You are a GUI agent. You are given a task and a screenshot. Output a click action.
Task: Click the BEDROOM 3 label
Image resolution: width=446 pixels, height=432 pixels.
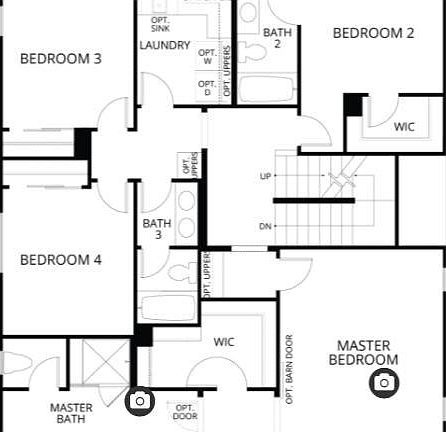[61, 58]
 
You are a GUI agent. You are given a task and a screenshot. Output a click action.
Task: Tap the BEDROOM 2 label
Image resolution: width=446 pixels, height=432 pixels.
[373, 33]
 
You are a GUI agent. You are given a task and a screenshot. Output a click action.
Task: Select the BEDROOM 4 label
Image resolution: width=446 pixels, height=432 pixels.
[61, 260]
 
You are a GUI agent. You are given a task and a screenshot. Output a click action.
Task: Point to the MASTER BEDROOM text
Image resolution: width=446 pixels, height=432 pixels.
[367, 352]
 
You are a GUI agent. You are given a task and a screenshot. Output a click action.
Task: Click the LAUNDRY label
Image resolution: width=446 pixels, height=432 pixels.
[165, 45]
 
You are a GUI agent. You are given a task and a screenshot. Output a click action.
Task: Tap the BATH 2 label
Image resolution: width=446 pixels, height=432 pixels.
[277, 38]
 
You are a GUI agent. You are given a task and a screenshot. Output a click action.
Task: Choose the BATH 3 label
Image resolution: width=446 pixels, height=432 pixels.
[157, 229]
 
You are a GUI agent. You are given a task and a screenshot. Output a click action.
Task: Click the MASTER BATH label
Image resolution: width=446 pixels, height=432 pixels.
[71, 413]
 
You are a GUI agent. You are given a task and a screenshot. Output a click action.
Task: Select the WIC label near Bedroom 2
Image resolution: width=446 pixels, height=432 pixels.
[404, 127]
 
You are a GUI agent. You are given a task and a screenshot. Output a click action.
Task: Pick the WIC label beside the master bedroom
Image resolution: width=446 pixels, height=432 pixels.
[224, 341]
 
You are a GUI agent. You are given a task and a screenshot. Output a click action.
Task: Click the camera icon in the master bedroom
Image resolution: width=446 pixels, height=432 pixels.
[383, 382]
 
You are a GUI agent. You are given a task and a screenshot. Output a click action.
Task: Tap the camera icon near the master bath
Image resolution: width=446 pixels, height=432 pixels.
[140, 401]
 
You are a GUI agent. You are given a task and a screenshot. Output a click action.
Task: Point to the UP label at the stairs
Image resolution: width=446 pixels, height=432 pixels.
[265, 177]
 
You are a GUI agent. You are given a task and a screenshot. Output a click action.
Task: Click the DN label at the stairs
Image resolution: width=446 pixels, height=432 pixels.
[265, 226]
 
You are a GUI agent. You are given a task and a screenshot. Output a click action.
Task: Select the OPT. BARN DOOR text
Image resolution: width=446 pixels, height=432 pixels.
[289, 368]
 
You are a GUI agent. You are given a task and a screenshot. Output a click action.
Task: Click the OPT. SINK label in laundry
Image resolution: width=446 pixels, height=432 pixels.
[160, 24]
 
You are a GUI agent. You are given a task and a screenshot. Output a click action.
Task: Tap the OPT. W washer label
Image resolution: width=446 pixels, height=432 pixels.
[207, 57]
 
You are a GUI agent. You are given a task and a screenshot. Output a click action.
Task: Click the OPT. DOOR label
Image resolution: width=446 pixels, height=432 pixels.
[186, 411]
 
